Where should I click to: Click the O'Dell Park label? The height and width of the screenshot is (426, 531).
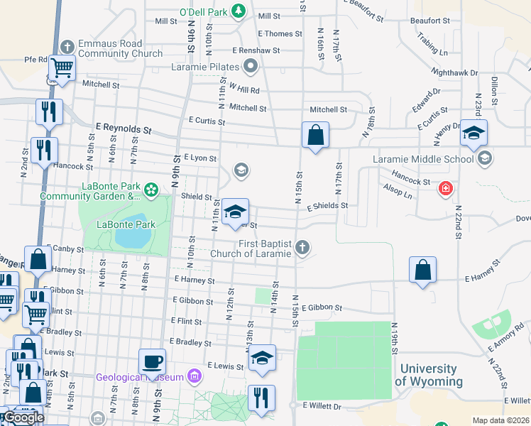202,12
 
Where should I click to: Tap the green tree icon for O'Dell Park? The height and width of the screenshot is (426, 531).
239,11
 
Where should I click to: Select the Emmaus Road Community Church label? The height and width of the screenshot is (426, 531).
120,48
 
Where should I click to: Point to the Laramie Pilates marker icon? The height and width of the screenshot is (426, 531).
250,68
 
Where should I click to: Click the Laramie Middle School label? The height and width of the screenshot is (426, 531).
424,159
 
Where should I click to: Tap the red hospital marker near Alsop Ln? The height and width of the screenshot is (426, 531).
445,189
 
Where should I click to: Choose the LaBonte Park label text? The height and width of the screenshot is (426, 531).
126,224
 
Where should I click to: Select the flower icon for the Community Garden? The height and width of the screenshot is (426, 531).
150,190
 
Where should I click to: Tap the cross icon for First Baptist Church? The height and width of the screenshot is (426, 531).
302,248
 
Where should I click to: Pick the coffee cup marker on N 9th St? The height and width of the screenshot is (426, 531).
153,361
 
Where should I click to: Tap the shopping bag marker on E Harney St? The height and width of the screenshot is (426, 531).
422,269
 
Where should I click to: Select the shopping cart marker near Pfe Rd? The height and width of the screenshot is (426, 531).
62,67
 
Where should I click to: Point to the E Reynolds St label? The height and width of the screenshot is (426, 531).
124,129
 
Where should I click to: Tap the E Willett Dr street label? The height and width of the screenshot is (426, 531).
322,407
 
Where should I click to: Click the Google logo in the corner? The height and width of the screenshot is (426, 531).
23,417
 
